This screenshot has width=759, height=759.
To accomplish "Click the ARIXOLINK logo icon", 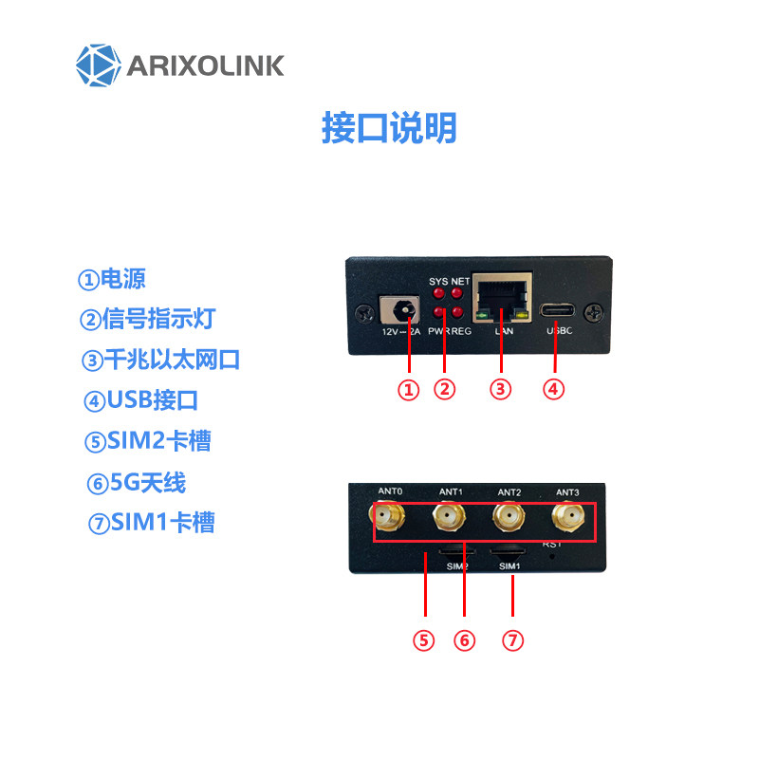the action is [100, 65].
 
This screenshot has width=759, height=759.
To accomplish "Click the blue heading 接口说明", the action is [389, 128].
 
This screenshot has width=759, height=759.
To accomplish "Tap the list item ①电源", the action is [112, 280].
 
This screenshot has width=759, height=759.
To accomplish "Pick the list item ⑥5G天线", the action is [136, 483].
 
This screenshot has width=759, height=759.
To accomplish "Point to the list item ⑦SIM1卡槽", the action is [151, 523].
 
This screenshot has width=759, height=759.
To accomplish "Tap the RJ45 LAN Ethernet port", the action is [502, 299].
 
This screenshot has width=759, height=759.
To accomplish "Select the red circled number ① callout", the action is [408, 389].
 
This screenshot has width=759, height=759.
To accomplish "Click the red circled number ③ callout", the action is [501, 389].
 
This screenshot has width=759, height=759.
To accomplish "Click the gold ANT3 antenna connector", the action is [568, 518].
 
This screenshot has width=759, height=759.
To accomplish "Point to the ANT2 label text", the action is [509, 492].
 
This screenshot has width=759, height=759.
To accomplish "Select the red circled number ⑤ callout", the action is [423, 640].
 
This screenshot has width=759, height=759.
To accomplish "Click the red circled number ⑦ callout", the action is [512, 640].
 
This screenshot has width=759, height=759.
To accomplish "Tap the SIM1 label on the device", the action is [510, 566].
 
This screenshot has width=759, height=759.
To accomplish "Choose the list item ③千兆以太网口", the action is [160, 361].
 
